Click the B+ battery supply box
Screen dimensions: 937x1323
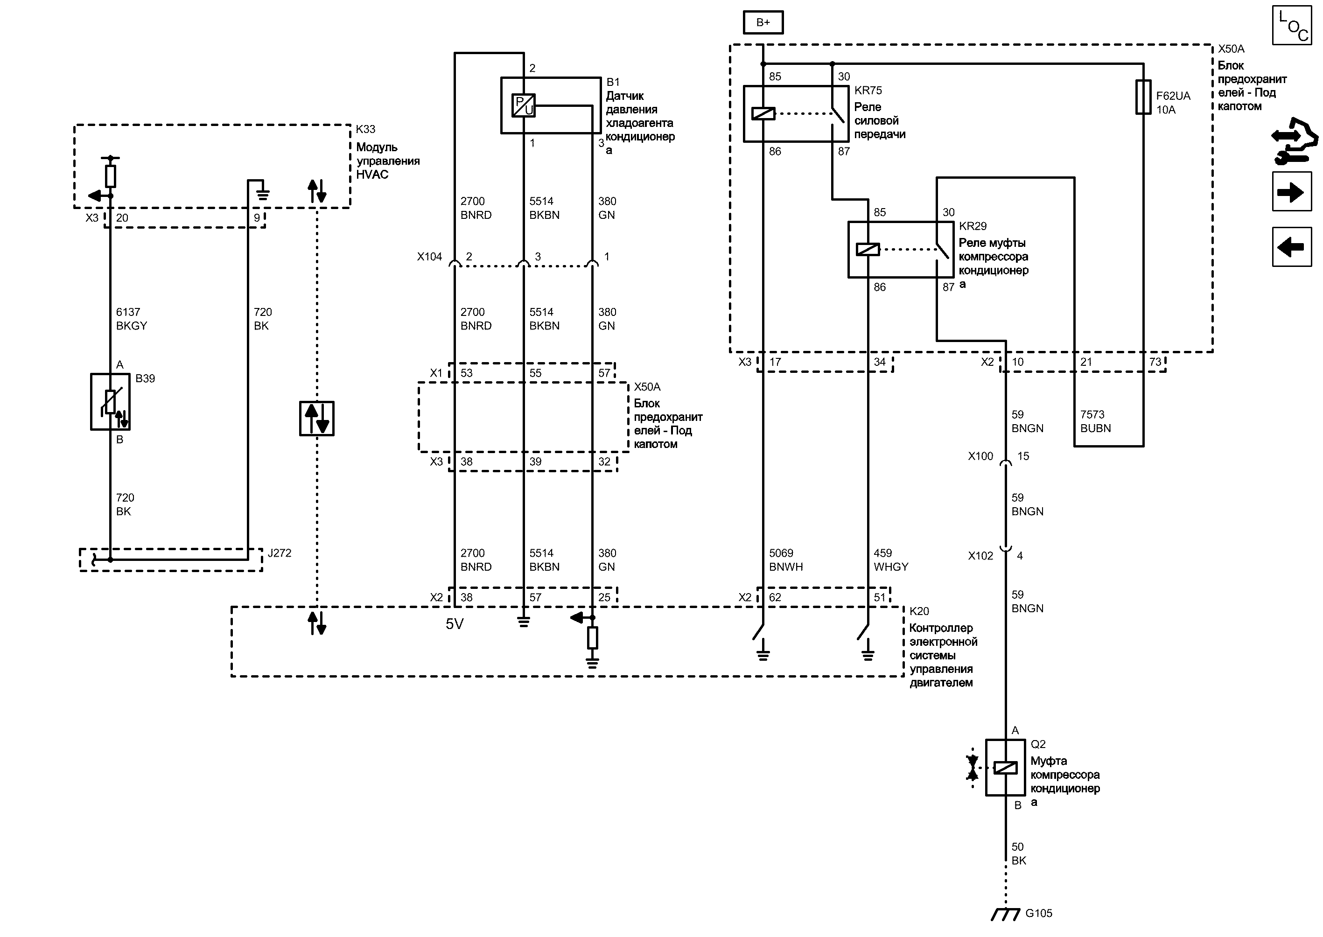tap(763, 22)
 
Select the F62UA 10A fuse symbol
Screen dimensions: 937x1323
tap(1143, 97)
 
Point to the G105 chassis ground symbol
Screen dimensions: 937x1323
tap(1005, 914)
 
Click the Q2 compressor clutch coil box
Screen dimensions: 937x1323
tap(1005, 767)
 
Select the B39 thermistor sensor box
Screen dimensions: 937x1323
tap(110, 402)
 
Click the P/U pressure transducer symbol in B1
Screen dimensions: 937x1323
tap(523, 105)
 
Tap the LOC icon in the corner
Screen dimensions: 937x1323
tap(1292, 25)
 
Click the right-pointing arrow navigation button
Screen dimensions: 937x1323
tap(1292, 192)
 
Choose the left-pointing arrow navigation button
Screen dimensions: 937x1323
tap(1292, 247)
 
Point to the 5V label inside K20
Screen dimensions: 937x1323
tap(455, 624)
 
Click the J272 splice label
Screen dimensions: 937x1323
tap(280, 553)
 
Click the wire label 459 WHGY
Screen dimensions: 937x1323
tap(890, 559)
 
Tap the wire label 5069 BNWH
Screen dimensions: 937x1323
tap(785, 559)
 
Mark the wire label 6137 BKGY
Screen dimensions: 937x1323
tap(131, 319)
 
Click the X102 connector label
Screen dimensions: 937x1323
tap(980, 556)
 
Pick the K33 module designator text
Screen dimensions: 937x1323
tap(365, 129)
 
